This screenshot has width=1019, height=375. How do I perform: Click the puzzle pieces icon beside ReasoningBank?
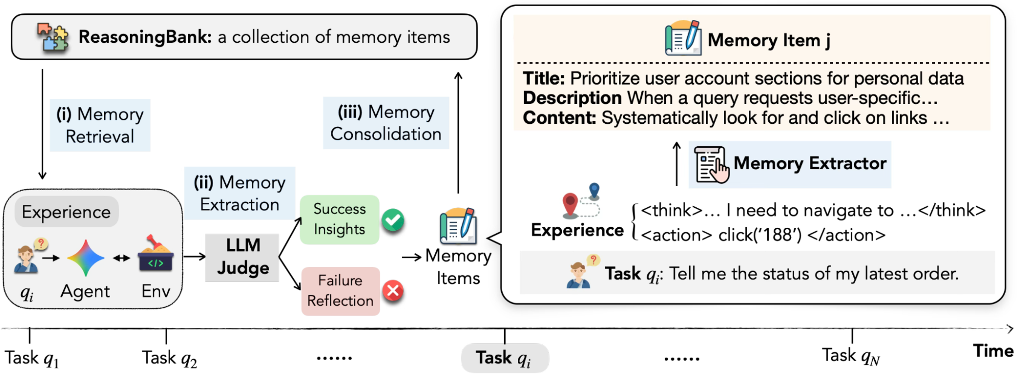(x=53, y=37)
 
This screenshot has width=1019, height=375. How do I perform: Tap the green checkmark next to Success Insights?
(x=393, y=220)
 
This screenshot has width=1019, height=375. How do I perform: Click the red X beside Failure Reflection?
(x=393, y=291)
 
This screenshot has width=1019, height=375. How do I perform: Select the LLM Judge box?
(x=243, y=257)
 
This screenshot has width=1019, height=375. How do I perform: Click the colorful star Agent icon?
(x=86, y=258)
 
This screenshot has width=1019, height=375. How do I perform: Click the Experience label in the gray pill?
(x=66, y=212)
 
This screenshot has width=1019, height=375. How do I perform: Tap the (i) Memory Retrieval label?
(x=100, y=125)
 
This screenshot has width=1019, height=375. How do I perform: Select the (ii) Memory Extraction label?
(x=240, y=194)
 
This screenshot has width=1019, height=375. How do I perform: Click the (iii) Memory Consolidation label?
(x=386, y=123)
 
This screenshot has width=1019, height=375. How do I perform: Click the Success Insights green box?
(x=339, y=220)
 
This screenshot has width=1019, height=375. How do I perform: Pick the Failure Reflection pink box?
(x=341, y=291)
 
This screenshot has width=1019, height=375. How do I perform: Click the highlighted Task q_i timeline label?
(x=504, y=358)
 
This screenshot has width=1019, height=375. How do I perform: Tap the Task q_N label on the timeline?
(x=851, y=356)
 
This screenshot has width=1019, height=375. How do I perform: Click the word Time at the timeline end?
(x=993, y=351)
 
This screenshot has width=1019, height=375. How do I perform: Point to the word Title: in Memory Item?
(x=544, y=78)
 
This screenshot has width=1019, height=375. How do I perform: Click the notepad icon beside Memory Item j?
(x=683, y=38)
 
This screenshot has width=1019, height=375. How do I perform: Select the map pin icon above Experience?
(x=581, y=199)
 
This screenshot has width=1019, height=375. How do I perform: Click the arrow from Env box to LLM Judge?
(x=194, y=256)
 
